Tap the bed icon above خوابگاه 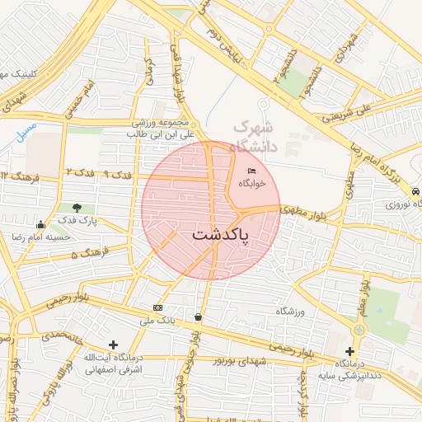pyautogui.click(x=251, y=171)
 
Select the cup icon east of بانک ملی pyautogui.click(x=199, y=316)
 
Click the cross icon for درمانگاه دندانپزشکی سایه pyautogui.click(x=350, y=351)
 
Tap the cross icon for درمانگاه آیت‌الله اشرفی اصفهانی pyautogui.click(x=113, y=345)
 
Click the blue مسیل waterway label pyautogui.click(x=26, y=130)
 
